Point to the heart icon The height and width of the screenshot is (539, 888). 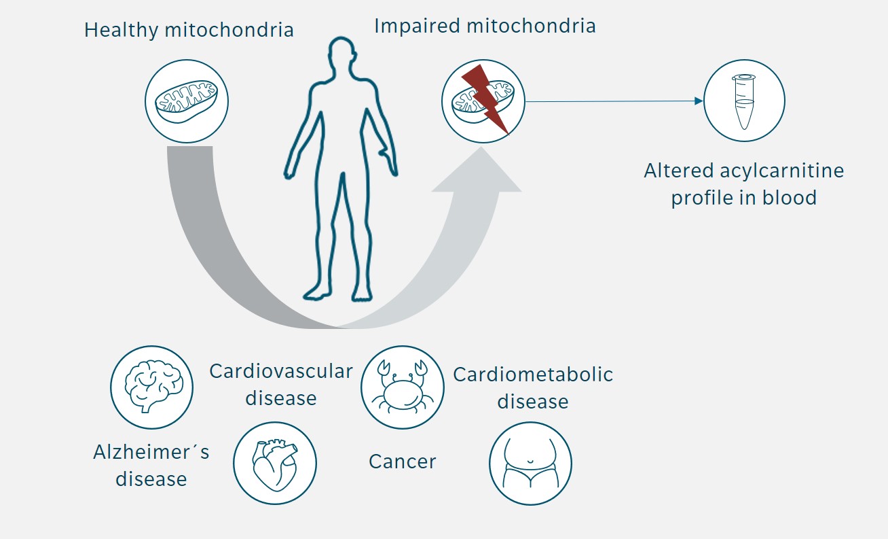coord(274,462)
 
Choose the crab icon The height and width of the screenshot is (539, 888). coord(402,387)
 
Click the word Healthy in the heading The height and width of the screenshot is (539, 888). coord(122,30)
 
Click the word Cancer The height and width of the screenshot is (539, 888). coord(402,462)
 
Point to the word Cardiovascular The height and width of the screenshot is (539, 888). coord(281,371)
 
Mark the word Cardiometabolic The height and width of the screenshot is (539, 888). coord(533,375)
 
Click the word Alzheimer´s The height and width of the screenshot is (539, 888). coord(151,453)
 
